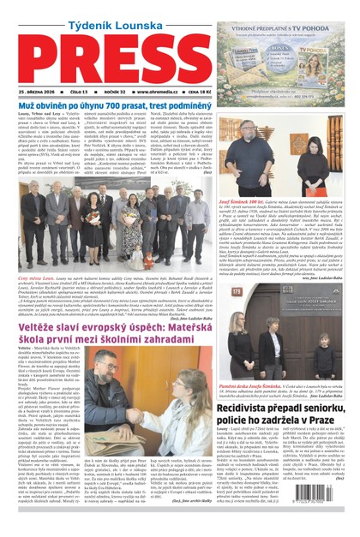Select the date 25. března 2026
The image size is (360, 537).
pyautogui.click(x=33, y=90)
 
